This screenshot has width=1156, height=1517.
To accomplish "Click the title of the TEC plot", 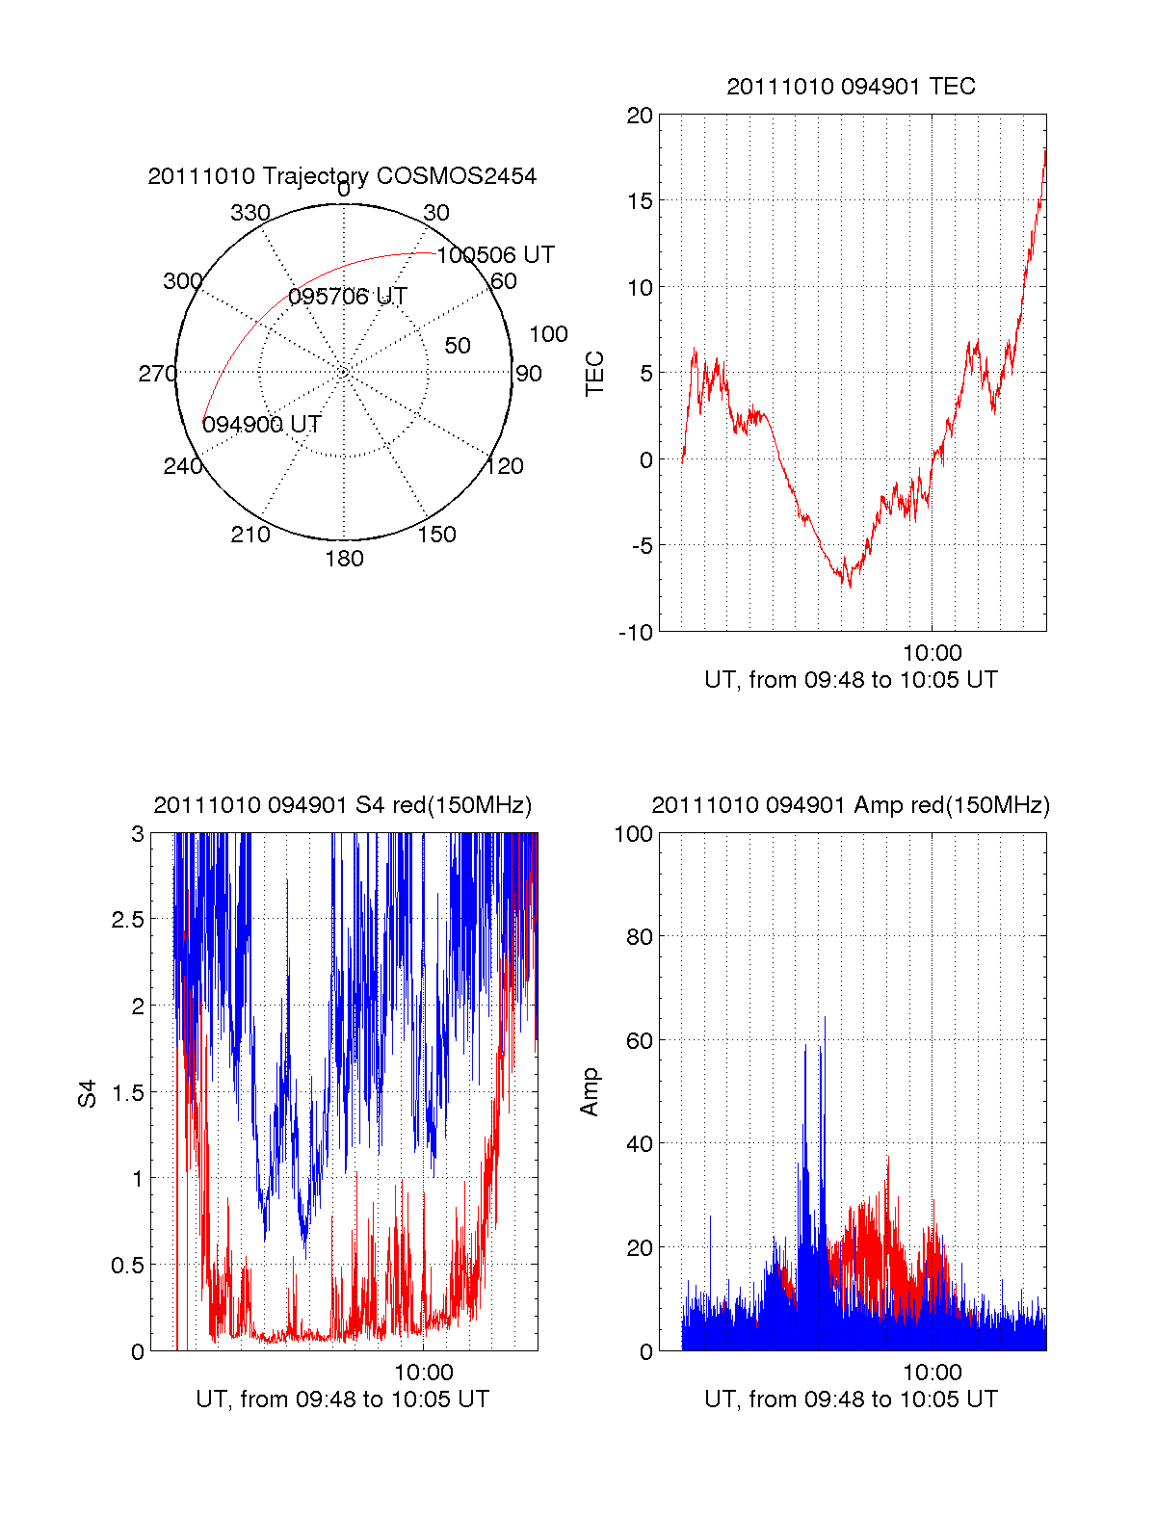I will (x=851, y=87).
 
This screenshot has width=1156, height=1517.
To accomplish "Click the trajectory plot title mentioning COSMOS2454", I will (x=342, y=176).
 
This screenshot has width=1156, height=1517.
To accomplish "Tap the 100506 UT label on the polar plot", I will (x=496, y=255).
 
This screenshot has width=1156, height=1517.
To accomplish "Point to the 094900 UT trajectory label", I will (x=261, y=425).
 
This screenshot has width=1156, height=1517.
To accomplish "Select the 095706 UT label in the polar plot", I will (x=348, y=297).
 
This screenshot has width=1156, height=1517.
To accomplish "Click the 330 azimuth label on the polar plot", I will (x=250, y=213).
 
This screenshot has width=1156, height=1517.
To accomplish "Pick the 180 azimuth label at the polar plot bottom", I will (x=344, y=559).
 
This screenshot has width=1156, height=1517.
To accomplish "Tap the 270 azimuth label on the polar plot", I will (x=157, y=374).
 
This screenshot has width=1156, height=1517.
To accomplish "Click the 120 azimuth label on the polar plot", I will (x=505, y=466).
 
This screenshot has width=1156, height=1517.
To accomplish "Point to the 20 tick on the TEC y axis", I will (x=640, y=116).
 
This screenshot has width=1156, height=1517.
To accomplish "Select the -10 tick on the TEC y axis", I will (x=636, y=633).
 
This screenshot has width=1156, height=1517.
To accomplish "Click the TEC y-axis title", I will (x=595, y=374).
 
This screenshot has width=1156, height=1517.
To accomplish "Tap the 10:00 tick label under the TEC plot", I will (x=932, y=653).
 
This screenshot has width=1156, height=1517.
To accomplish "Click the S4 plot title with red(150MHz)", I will (x=342, y=805).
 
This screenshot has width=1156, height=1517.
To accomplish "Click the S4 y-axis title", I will (x=88, y=1093).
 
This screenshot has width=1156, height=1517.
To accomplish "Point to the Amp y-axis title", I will (x=590, y=1092).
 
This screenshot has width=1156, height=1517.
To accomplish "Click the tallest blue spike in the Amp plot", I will (x=825, y=1019).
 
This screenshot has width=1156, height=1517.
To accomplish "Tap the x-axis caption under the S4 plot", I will (x=342, y=1399).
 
